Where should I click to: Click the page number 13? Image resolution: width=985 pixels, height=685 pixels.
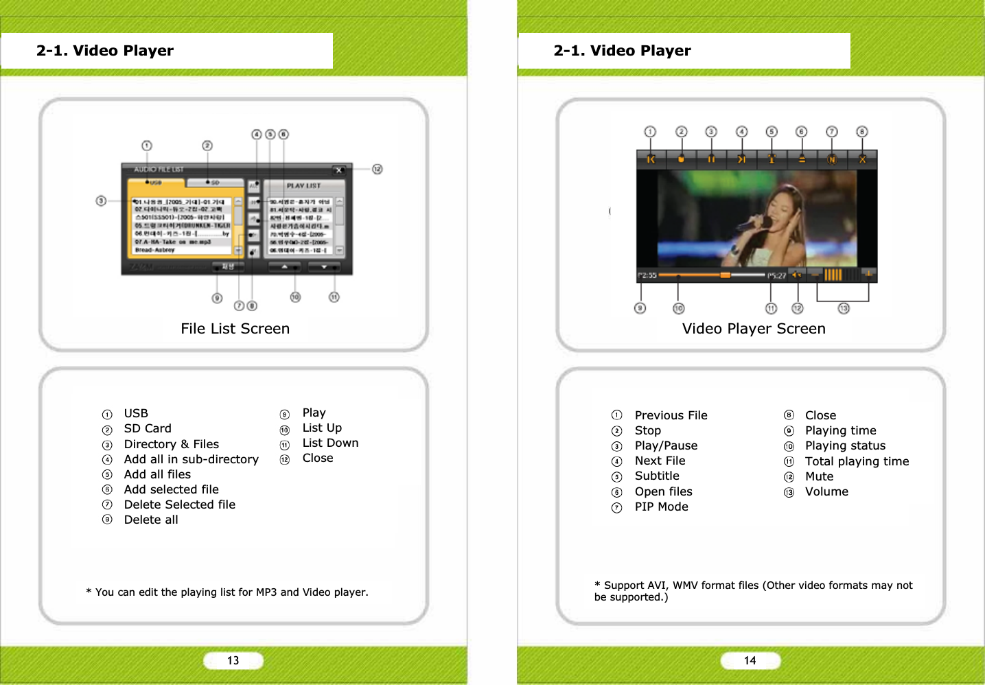[233, 660]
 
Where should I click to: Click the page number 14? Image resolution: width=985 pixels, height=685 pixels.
[750, 660]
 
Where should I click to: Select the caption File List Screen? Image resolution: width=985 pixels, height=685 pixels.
[235, 329]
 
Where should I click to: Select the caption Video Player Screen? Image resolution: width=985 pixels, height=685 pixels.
[753, 329]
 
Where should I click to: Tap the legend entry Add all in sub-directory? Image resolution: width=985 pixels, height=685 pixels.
[191, 459]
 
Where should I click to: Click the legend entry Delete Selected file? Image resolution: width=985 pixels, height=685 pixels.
[179, 504]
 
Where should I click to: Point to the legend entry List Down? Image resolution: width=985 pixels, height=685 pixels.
[330, 443]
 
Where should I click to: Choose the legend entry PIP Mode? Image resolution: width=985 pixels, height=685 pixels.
[661, 507]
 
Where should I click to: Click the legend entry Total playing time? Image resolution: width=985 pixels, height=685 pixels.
[857, 461]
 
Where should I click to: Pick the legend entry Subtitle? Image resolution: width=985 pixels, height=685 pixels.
[657, 476]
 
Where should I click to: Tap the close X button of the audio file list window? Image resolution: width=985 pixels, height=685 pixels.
[339, 170]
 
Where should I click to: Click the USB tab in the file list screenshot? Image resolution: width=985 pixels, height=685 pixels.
[155, 183]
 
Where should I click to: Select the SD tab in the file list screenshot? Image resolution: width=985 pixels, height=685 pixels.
[214, 183]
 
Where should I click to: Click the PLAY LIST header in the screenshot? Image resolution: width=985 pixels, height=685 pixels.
[303, 185]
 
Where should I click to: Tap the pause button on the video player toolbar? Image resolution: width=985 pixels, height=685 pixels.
[711, 159]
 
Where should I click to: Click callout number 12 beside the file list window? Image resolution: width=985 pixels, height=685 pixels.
[377, 169]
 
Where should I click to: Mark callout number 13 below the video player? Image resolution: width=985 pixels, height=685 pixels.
[844, 308]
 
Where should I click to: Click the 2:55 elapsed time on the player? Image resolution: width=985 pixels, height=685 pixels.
[647, 275]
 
